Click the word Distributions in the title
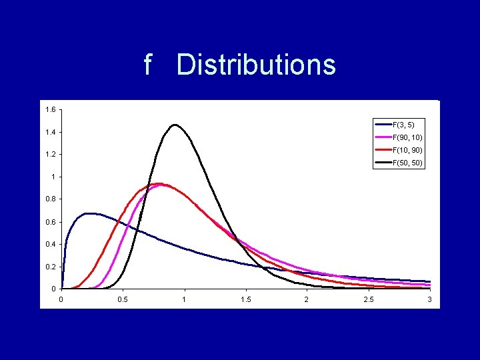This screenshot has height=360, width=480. (x=256, y=65)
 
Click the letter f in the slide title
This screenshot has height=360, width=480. (x=149, y=65)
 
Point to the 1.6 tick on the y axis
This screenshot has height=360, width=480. (x=51, y=109)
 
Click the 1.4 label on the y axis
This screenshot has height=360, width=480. (x=51, y=132)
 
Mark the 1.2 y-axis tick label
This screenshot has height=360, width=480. (x=51, y=155)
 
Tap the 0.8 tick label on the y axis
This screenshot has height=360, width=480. (x=51, y=199)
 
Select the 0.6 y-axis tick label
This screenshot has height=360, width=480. (x=51, y=222)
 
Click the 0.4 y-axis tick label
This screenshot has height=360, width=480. (x=51, y=245)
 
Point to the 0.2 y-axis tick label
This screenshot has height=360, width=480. (x=51, y=267)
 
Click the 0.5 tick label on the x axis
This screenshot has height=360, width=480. (x=123, y=300)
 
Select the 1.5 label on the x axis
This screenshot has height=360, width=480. (x=245, y=300)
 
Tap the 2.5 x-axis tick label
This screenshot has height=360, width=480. (x=368, y=300)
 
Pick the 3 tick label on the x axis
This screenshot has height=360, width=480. (x=429, y=300)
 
